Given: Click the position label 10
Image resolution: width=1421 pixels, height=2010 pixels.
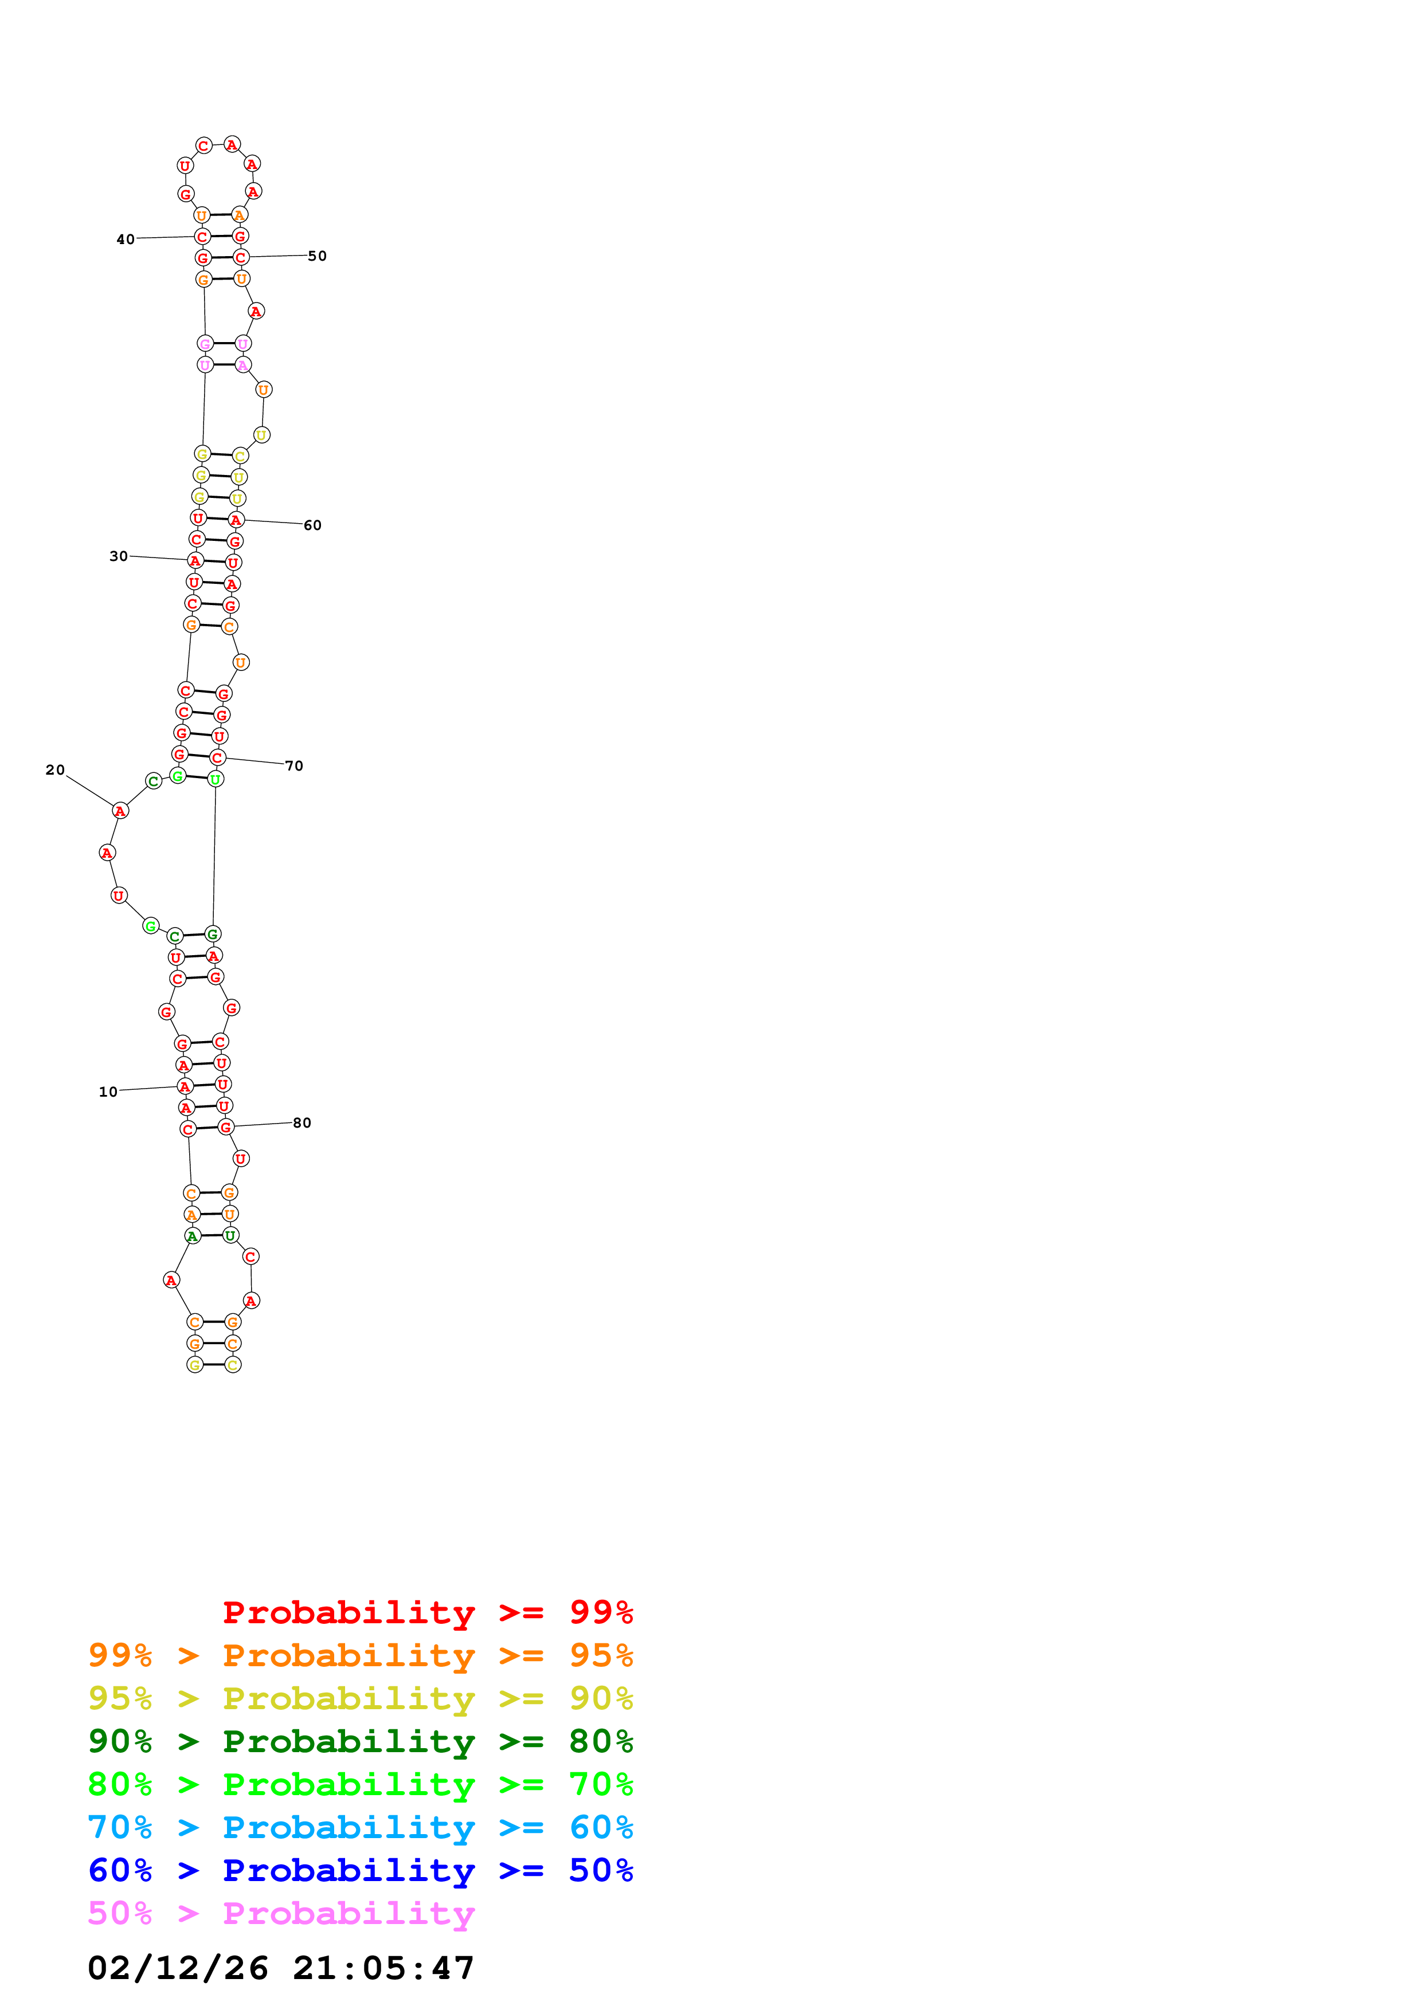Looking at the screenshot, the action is click(x=108, y=1092).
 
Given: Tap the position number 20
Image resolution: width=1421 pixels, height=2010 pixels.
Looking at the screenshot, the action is click(x=55, y=770).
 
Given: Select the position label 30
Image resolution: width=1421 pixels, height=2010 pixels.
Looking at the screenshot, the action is click(x=118, y=556).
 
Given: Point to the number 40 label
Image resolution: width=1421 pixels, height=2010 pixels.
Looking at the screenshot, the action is click(x=125, y=239).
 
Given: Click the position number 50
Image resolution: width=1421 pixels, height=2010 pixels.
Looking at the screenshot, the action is click(x=317, y=256).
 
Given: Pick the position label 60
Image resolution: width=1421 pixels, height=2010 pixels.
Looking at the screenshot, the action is click(x=312, y=525).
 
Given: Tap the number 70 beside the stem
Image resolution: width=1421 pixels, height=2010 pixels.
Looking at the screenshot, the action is click(x=294, y=766).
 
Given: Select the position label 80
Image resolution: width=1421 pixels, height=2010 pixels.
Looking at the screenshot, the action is click(x=302, y=1122).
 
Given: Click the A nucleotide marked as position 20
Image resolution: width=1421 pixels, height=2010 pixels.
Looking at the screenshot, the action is click(x=120, y=811).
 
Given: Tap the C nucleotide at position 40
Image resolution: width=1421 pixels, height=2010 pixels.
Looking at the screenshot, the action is click(x=202, y=237).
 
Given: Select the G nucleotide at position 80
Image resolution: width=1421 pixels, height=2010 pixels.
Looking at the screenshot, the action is click(x=226, y=1126).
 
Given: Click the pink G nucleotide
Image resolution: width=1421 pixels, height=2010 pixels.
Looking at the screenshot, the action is click(x=205, y=343).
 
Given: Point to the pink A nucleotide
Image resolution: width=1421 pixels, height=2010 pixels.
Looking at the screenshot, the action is click(x=242, y=364).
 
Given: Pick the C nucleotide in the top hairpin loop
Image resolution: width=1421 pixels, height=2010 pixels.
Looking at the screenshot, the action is click(x=203, y=146).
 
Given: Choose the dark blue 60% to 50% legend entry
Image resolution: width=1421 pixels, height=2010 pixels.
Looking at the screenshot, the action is click(x=360, y=1871).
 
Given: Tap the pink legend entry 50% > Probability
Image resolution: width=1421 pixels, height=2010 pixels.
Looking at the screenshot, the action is click(x=281, y=1914).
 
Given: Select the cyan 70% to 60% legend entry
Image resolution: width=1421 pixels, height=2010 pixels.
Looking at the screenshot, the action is click(x=360, y=1828).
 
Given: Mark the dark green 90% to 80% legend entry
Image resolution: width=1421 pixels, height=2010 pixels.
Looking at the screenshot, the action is click(x=360, y=1741).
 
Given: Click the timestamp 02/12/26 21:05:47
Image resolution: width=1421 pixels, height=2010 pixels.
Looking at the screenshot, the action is click(x=281, y=1968).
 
